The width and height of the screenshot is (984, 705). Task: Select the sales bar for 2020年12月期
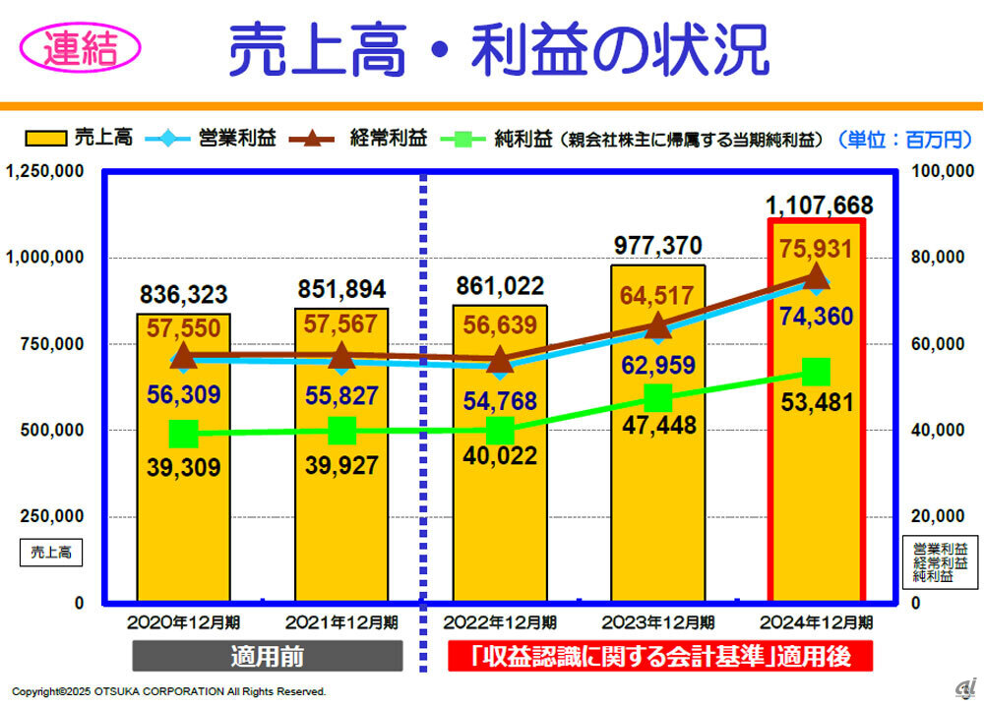[x=184, y=511]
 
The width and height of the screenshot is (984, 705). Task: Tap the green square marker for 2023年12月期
[x=658, y=398]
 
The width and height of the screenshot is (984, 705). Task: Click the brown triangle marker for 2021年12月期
[x=341, y=355]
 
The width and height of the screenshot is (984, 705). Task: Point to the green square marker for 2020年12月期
[x=184, y=433]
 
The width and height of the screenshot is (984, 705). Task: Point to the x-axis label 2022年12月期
[x=500, y=622]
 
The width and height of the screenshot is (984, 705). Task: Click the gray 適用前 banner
[x=268, y=656]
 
